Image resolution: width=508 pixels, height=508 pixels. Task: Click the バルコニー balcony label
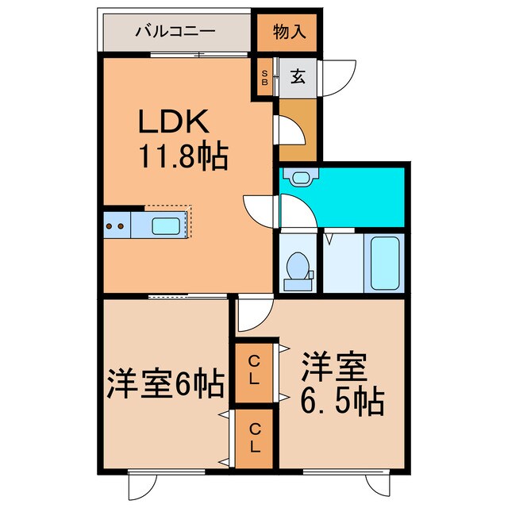coord(175,32)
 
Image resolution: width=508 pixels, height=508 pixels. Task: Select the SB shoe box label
coord(265,77)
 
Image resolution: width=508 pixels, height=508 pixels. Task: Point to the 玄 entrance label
coord(297,77)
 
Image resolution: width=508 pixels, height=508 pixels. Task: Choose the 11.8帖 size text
coord(184,155)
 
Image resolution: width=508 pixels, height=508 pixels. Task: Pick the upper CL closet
coord(253,370)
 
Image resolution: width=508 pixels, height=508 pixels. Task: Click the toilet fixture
coord(298,267)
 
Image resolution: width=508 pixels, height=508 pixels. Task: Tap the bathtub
coord(386,264)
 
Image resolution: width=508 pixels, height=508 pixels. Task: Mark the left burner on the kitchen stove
coord(110,227)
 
